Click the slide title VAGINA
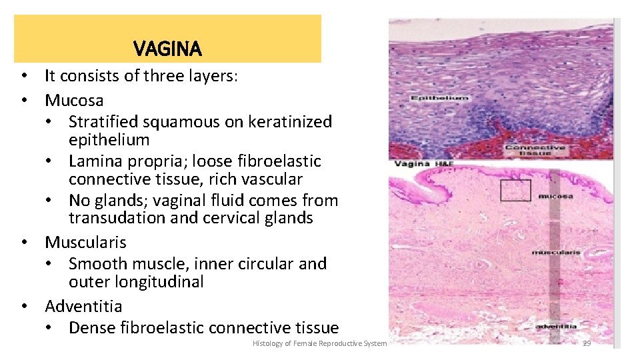pos(167,49)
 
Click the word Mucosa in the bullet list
pos(74,101)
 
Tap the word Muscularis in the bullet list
pos(85,242)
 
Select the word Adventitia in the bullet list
pos(83,306)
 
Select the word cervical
pos(234,218)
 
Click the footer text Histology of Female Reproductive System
pos(319,343)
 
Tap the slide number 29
pos(587,343)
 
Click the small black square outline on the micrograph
pos(516,190)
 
